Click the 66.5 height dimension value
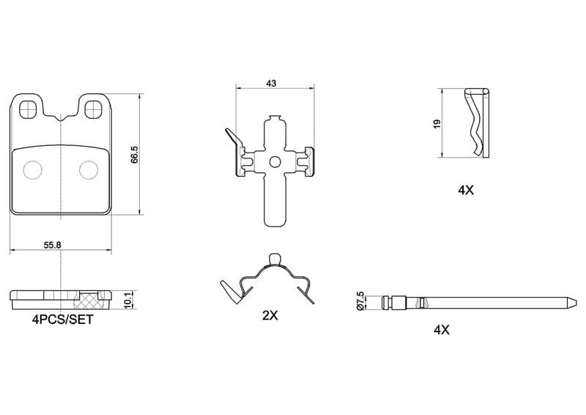[x=134, y=155]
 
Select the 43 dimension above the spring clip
[x=271, y=84]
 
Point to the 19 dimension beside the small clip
[x=436, y=124]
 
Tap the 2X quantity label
[x=270, y=316]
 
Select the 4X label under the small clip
[x=466, y=190]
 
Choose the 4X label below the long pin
[x=441, y=330]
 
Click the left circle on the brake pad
[x=33, y=169]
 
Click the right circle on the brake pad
[x=88, y=169]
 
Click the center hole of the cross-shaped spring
[x=274, y=162]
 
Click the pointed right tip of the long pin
[x=571, y=302]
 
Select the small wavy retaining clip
[x=476, y=122]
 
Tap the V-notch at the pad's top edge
[x=62, y=118]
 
